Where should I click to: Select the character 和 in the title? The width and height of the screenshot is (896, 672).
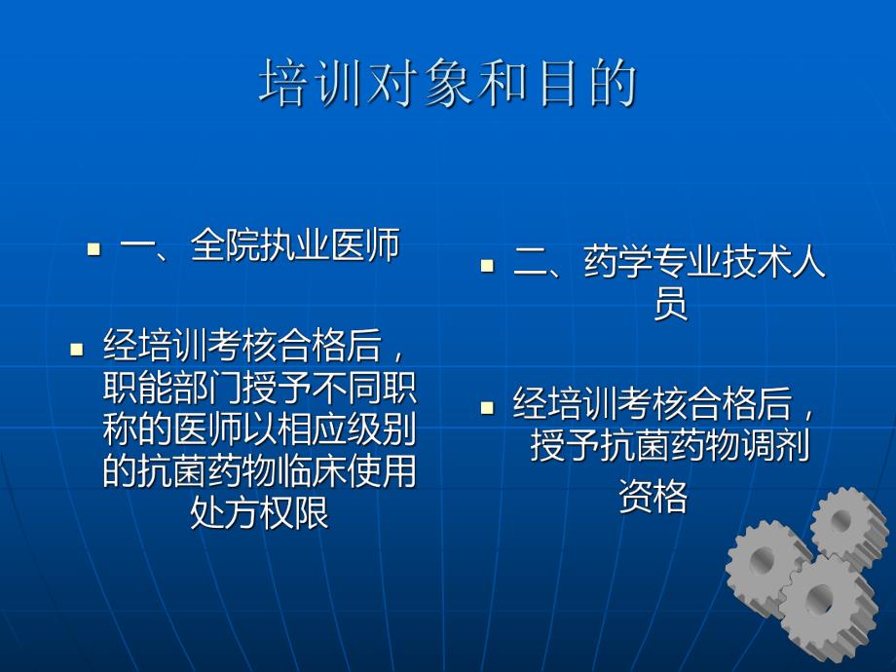[500, 84]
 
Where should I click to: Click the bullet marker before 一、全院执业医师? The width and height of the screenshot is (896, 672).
[93, 249]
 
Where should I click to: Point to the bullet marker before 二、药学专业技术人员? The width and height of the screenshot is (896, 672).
[488, 266]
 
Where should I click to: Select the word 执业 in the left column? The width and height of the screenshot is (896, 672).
[295, 245]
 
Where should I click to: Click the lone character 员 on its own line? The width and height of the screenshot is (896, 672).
[670, 305]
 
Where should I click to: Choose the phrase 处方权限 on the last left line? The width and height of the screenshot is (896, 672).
[259, 512]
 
